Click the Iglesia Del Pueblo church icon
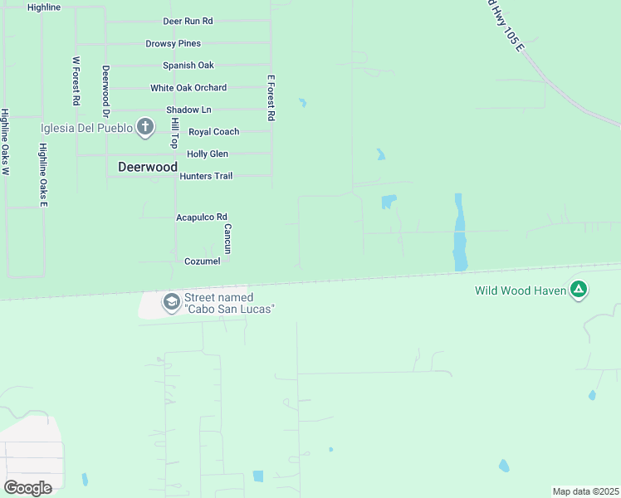[145, 127]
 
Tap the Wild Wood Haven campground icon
[579, 290]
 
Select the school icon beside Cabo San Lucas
[171, 302]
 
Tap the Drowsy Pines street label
[173, 43]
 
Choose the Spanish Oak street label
[188, 66]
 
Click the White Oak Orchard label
[188, 88]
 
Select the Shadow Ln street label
[188, 110]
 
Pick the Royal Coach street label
[213, 132]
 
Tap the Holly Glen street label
[207, 154]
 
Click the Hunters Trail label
[206, 176]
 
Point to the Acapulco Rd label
[201, 217]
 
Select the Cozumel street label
[202, 261]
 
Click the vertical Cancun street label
[227, 238]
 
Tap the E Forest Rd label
[271, 98]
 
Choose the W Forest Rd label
[76, 81]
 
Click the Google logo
[28, 487]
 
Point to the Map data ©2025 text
[585, 491]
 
